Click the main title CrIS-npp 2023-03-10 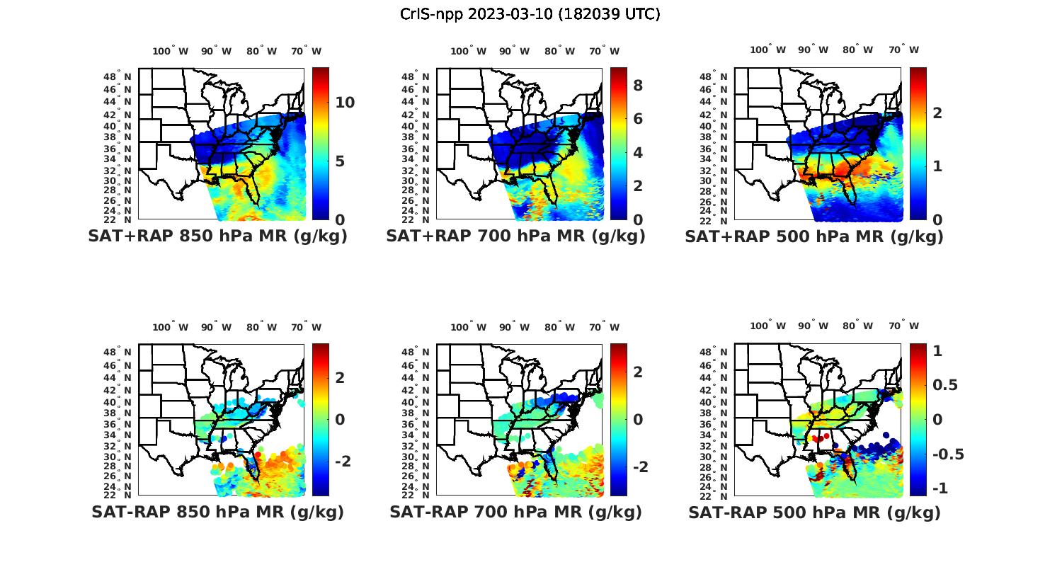530,14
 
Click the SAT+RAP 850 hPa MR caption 217,236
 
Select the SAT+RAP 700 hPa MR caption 515,236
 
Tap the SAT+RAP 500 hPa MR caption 814,236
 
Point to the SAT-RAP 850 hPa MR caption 217,512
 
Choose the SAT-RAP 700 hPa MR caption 515,512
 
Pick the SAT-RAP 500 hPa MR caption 814,512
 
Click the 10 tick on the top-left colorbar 345,103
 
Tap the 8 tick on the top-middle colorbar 638,86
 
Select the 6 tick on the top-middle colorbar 638,119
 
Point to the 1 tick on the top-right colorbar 937,166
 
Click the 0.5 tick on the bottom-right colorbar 945,384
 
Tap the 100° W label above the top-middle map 468,51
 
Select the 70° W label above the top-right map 903,50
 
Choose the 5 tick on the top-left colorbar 340,161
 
